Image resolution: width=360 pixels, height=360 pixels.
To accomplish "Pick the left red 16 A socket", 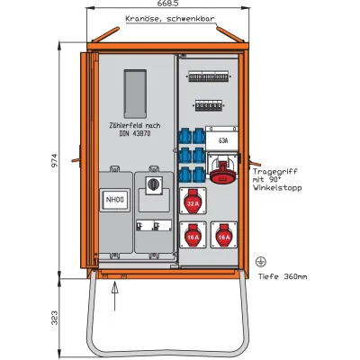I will (192, 237).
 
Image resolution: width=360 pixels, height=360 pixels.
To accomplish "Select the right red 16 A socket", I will (220, 237).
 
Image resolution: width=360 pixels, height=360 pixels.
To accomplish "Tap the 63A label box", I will (220, 139).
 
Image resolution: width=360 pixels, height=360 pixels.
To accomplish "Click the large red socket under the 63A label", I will (220, 168).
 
